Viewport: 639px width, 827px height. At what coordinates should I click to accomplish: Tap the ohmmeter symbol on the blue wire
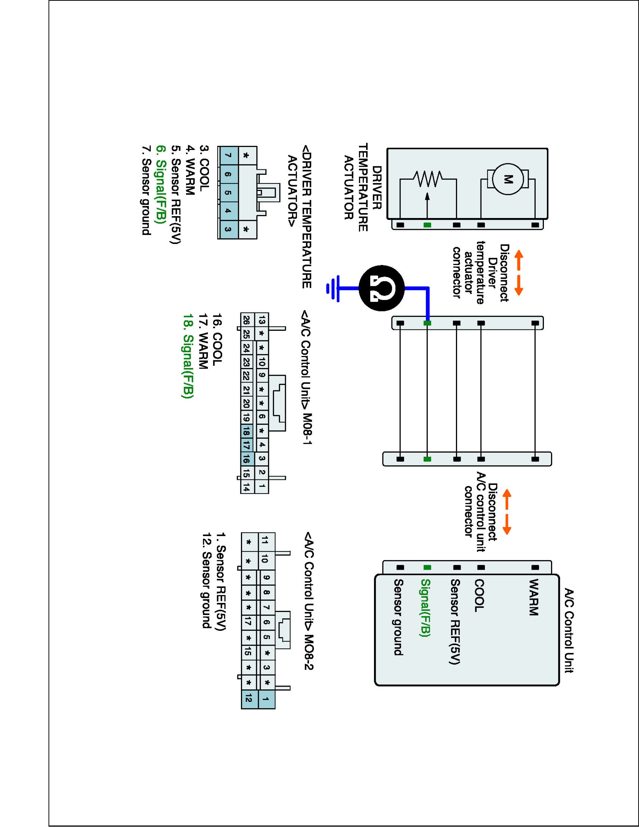(382, 288)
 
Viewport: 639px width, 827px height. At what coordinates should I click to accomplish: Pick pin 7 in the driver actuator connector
(228, 156)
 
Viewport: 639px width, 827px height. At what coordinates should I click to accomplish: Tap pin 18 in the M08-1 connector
(246, 431)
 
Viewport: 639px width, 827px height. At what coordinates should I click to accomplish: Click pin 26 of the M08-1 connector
(246, 320)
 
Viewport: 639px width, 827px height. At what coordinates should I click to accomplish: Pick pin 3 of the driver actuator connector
(228, 229)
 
